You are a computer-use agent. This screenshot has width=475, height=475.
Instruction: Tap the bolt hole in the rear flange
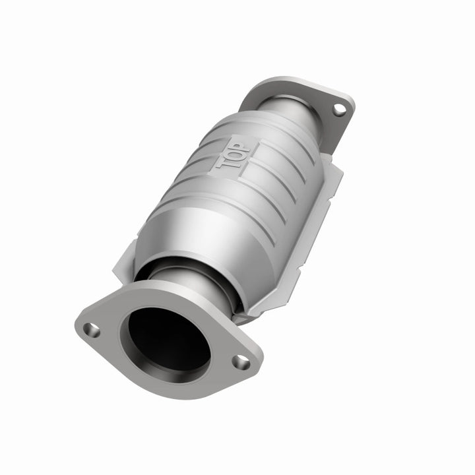[338, 110]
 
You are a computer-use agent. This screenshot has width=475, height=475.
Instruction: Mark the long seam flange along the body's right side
[310, 218]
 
